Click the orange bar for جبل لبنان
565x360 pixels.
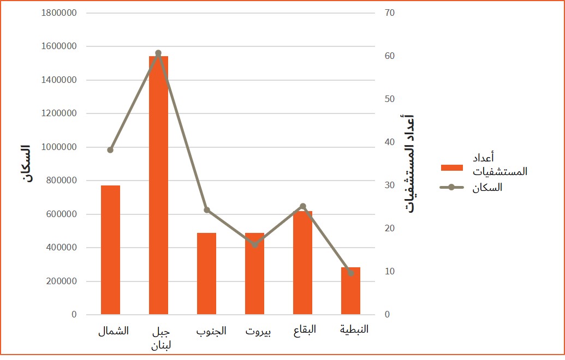pos(158,185)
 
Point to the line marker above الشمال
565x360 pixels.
pos(110,150)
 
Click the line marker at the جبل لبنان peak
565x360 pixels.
pos(158,53)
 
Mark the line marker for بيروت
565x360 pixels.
pos(254,245)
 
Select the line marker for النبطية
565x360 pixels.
pos(350,273)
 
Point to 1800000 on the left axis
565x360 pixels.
pos(58,13)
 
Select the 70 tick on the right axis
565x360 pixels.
pos(389,13)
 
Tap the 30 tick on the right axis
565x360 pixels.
pos(389,185)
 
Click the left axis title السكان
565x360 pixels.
pos(25,164)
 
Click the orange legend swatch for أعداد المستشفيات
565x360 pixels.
pos(451,167)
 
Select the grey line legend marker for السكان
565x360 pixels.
pos(451,188)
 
